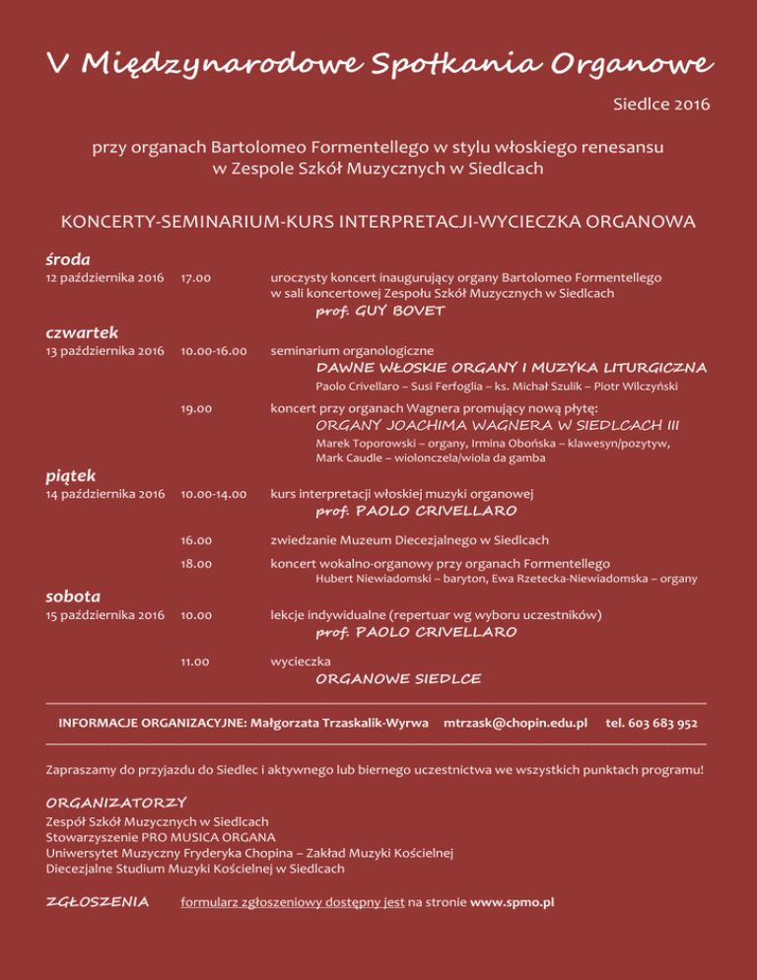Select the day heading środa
tap(69, 259)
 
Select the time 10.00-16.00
tap(212, 350)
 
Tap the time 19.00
tap(195, 407)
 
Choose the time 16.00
tap(195, 539)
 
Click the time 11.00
tap(195, 662)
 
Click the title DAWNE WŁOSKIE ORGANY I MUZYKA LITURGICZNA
tap(511, 368)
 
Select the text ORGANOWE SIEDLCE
tap(398, 679)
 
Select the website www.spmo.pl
tap(513, 901)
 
